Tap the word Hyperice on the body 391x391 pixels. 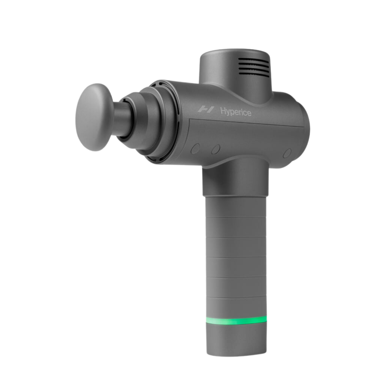(236, 112)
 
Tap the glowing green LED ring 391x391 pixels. (236, 320)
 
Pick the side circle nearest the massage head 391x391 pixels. (195, 148)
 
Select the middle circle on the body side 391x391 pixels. (216, 149)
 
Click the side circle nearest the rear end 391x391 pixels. (287, 153)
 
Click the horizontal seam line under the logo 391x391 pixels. (246, 122)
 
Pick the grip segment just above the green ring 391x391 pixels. (236, 306)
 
